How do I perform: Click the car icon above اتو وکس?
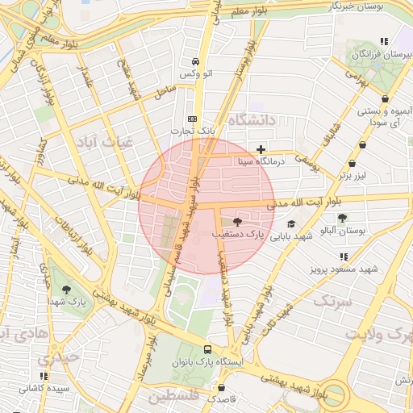pyautogui.click(x=196, y=61)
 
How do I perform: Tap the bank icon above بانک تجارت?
pyautogui.click(x=191, y=117)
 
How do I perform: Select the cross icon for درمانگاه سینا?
pyautogui.click(x=261, y=149)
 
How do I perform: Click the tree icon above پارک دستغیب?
pyautogui.click(x=237, y=221)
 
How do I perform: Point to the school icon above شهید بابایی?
pyautogui.click(x=291, y=224)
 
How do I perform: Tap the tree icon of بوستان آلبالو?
pyautogui.click(x=342, y=218)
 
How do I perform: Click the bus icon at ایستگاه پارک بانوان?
pyautogui.click(x=208, y=350)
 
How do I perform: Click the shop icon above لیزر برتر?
pyautogui.click(x=363, y=145)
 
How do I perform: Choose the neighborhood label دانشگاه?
pyautogui.click(x=252, y=120)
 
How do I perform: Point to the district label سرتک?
pyautogui.click(x=333, y=301)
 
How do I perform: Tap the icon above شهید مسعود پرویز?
pyautogui.click(x=344, y=257)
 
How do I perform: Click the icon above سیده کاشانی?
pyautogui.click(x=44, y=376)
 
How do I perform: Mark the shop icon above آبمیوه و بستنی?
pyautogui.click(x=385, y=98)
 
